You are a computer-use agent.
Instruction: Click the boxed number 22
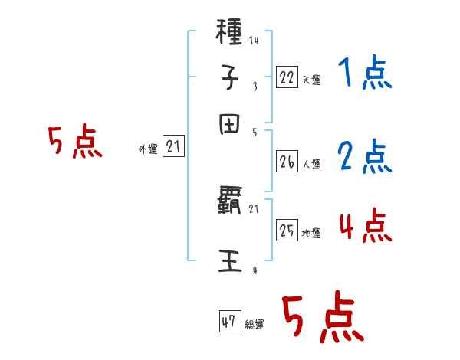(287, 77)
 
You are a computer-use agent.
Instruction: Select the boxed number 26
(287, 161)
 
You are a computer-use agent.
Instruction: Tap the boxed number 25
(287, 231)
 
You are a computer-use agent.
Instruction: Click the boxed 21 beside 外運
(173, 148)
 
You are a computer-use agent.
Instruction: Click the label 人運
(311, 164)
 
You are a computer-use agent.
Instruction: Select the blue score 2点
(364, 157)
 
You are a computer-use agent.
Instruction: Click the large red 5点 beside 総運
(322, 319)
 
